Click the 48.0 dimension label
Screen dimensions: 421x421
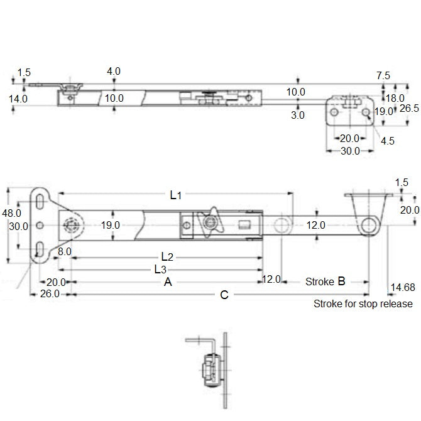point(11,213)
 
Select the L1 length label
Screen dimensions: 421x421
point(176,196)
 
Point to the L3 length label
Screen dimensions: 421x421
point(161,270)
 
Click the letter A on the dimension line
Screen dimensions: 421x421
point(168,283)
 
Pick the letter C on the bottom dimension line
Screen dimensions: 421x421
point(224,295)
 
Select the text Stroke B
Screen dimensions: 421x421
point(325,282)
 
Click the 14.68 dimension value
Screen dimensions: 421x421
point(402,287)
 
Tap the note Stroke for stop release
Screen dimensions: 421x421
point(363,304)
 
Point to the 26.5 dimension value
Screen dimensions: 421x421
point(409,108)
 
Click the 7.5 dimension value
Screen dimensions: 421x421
point(383,75)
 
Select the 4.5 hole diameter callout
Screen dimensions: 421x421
point(388,141)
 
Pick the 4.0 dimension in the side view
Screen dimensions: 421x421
point(114,72)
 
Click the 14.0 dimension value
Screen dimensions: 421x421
point(18,99)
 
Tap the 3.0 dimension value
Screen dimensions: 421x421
point(297,115)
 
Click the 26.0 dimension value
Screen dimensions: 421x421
point(50,294)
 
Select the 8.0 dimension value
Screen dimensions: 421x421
point(64,251)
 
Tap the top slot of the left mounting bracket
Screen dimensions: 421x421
point(39,201)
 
